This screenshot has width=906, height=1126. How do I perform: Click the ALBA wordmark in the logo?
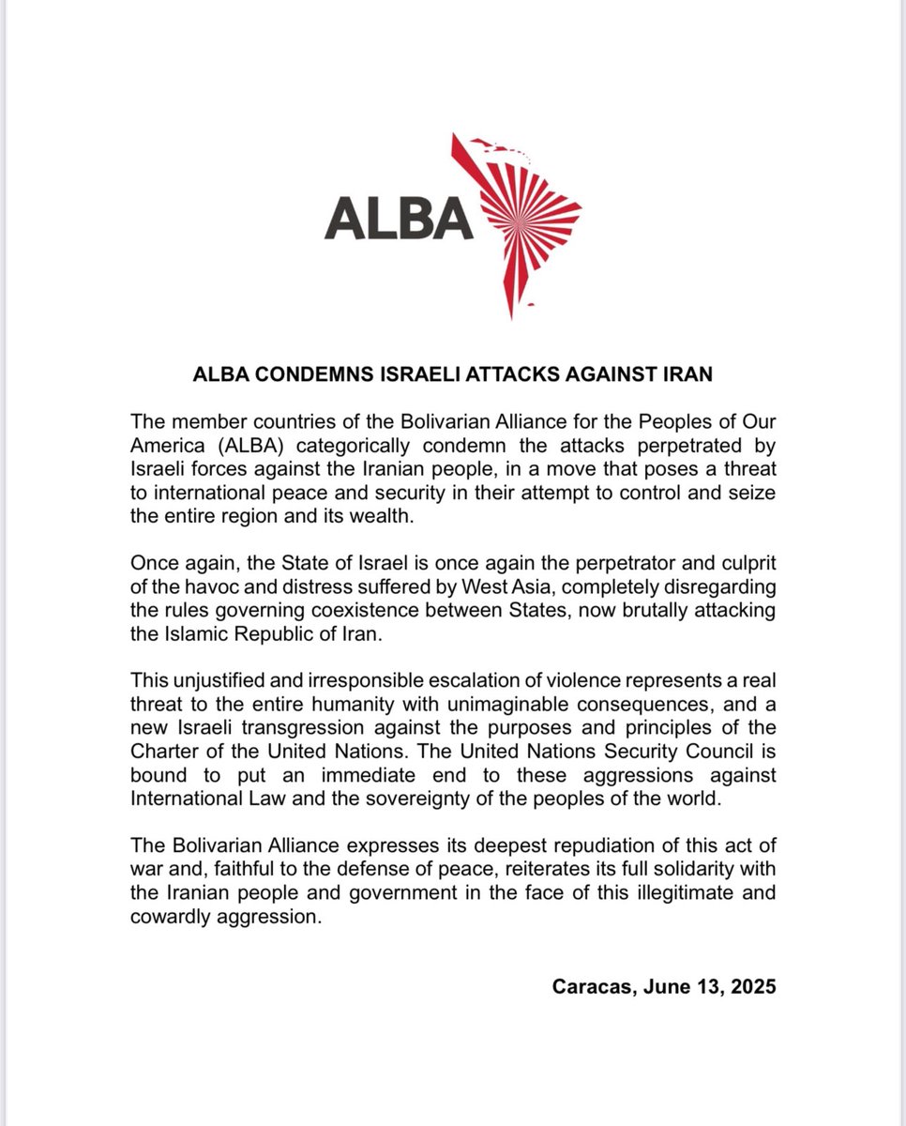point(398,219)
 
